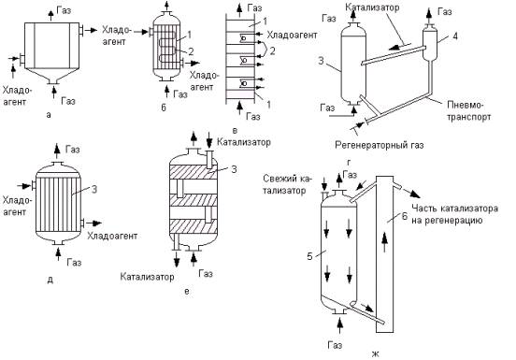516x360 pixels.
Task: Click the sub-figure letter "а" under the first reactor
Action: click(x=49, y=115)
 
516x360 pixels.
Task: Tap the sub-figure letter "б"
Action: click(x=164, y=108)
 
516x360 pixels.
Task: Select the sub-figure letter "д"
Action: click(x=50, y=281)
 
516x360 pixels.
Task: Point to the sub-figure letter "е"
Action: click(x=187, y=291)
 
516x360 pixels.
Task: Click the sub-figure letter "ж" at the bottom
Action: click(x=376, y=354)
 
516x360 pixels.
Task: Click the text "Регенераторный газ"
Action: click(x=380, y=145)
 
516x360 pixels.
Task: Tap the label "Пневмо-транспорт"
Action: click(x=469, y=111)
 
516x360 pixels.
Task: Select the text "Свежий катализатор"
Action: click(x=287, y=184)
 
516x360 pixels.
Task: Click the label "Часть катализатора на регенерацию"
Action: click(x=454, y=214)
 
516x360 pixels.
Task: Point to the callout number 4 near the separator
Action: click(x=455, y=36)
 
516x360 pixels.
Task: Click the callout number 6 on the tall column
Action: click(x=405, y=216)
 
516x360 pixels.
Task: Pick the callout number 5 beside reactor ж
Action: click(x=309, y=256)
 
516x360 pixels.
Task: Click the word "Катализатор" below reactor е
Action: click(x=147, y=277)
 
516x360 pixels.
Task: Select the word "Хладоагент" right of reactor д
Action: click(x=112, y=236)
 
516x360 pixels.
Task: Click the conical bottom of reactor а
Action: click(x=52, y=76)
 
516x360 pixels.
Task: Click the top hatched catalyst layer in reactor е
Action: click(x=193, y=171)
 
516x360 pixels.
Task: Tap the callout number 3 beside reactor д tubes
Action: click(x=93, y=190)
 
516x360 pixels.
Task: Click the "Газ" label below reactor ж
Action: click(x=335, y=345)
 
